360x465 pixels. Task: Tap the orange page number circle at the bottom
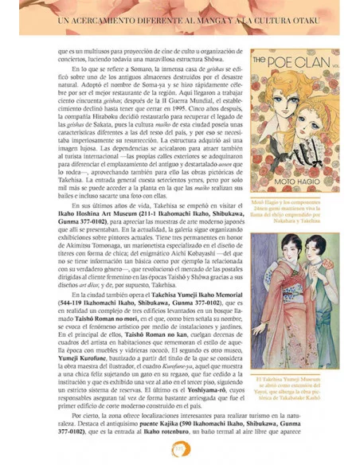point(180,451)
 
